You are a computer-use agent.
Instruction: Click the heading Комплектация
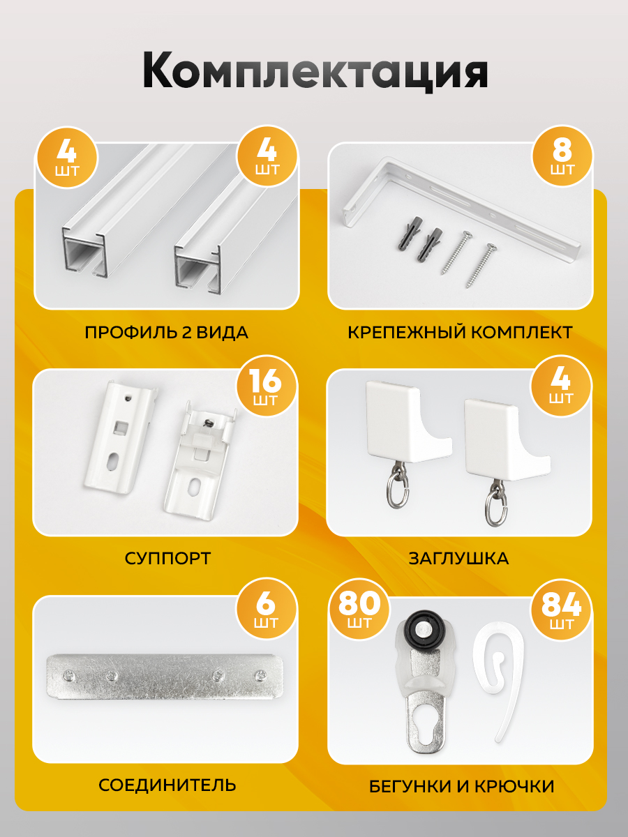(x=315, y=71)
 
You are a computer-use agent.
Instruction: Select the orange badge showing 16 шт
(x=267, y=386)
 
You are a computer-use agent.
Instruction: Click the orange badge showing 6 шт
(x=266, y=609)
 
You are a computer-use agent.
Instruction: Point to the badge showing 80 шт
(x=359, y=610)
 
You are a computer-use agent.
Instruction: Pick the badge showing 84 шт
(x=561, y=610)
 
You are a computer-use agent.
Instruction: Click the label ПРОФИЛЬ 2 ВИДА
(x=166, y=333)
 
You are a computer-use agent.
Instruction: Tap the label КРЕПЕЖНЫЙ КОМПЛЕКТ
(x=460, y=333)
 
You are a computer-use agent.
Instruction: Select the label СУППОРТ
(x=167, y=559)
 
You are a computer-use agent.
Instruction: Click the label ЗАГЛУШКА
(x=458, y=559)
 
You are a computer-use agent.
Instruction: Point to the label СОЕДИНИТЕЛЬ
(x=167, y=785)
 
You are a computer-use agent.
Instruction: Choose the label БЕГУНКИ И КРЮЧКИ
(x=461, y=786)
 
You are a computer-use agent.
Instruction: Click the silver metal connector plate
(x=165, y=677)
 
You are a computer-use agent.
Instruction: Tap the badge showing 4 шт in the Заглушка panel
(x=561, y=386)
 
